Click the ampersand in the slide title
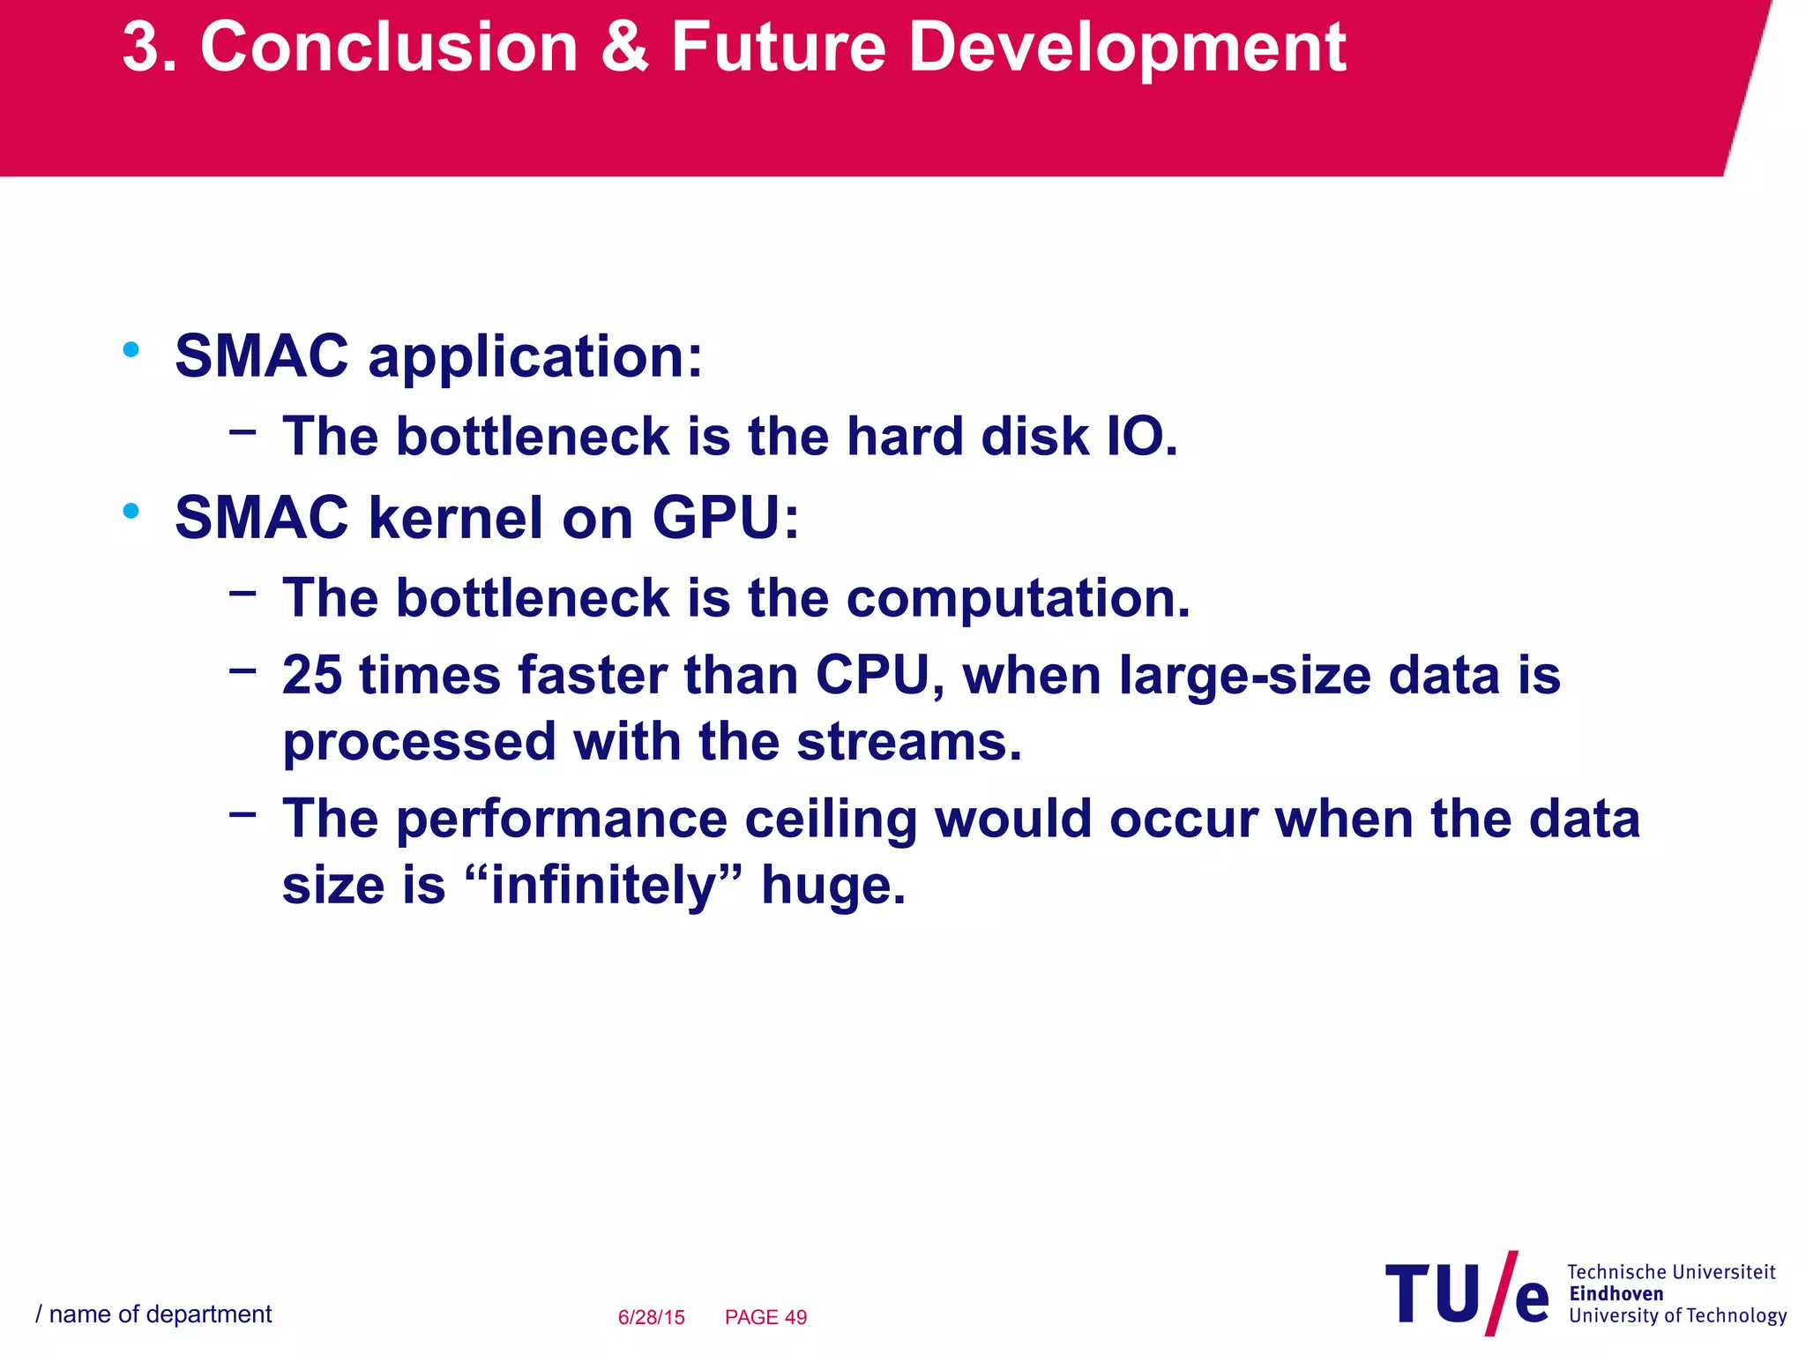[x=625, y=48]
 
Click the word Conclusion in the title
[x=389, y=48]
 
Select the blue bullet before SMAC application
[x=131, y=350]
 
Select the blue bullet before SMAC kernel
[x=131, y=511]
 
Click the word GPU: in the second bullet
[x=725, y=518]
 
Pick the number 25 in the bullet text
[x=312, y=676]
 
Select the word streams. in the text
[x=908, y=743]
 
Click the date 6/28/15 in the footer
[x=651, y=1317]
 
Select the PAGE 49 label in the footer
[x=765, y=1317]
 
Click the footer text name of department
[x=160, y=1314]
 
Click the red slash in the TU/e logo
[x=1501, y=1293]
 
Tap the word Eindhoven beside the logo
[x=1616, y=1294]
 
